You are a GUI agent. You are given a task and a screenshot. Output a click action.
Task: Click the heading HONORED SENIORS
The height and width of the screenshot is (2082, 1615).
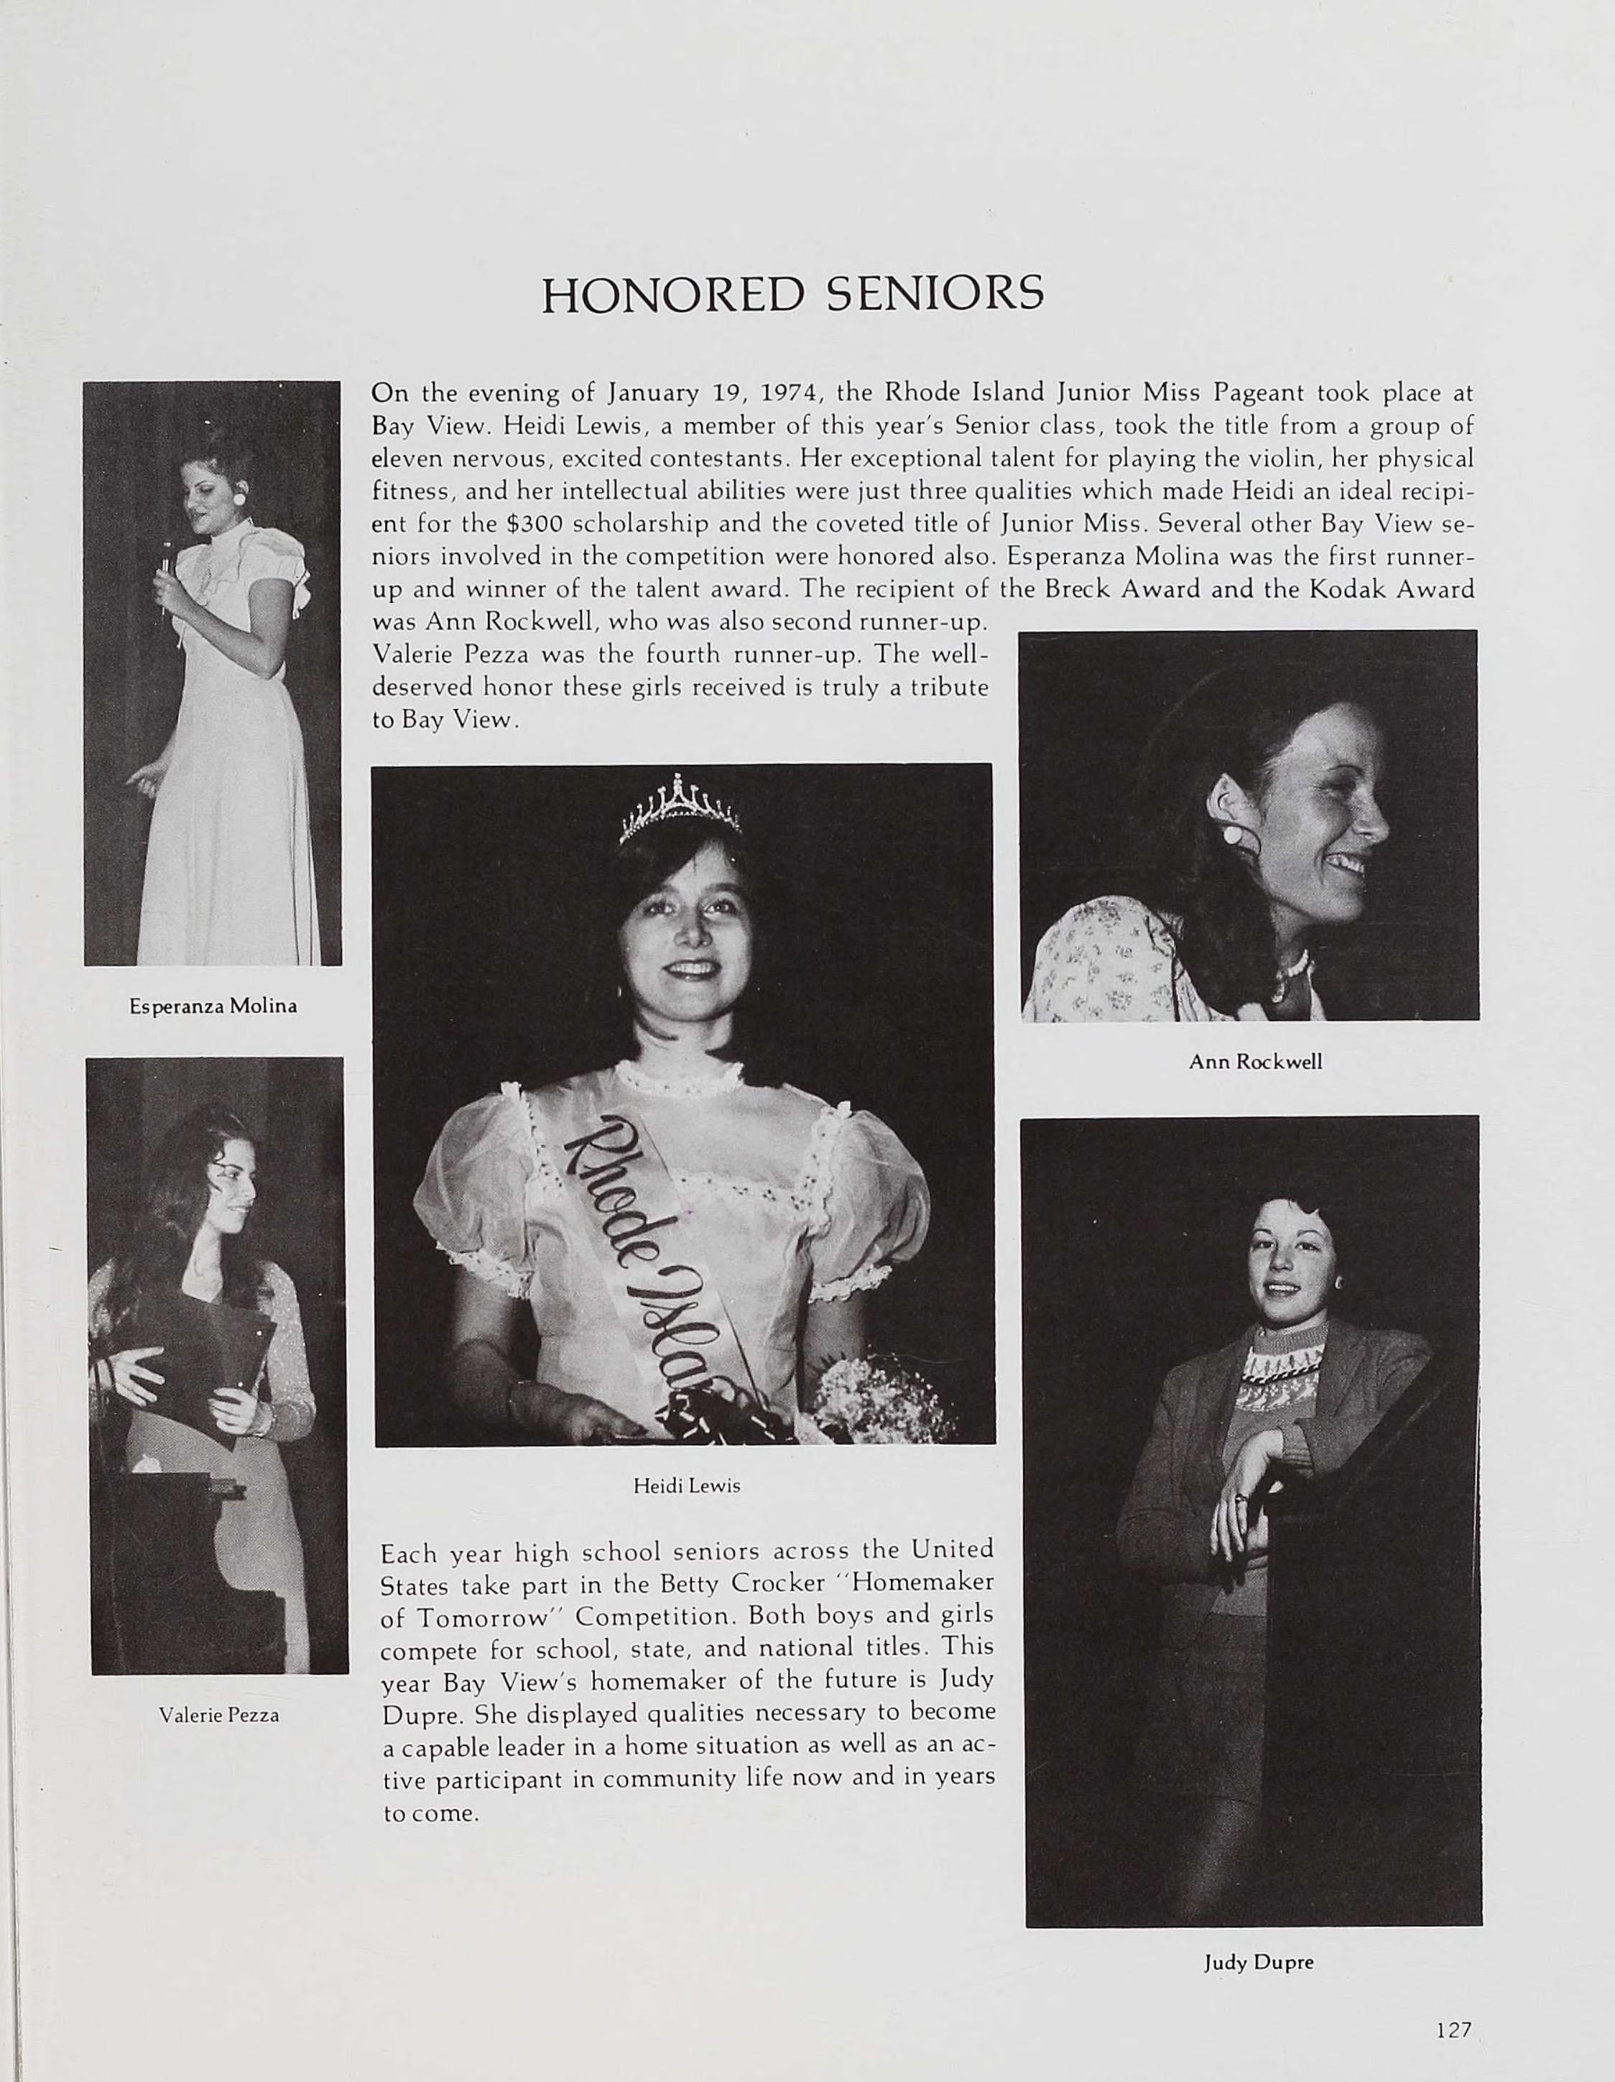click(x=792, y=294)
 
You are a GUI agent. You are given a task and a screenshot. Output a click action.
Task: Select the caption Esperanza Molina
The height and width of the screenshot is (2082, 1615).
click(x=213, y=1006)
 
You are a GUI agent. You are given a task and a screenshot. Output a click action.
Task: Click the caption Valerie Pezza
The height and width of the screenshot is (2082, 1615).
click(x=219, y=1716)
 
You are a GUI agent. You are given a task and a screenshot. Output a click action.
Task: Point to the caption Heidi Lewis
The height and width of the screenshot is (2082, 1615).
click(x=686, y=1486)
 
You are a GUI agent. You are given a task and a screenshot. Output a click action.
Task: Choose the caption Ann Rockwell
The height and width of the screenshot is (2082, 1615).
click(x=1254, y=1061)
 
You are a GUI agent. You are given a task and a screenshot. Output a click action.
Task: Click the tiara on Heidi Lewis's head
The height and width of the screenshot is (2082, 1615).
click(x=680, y=810)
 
